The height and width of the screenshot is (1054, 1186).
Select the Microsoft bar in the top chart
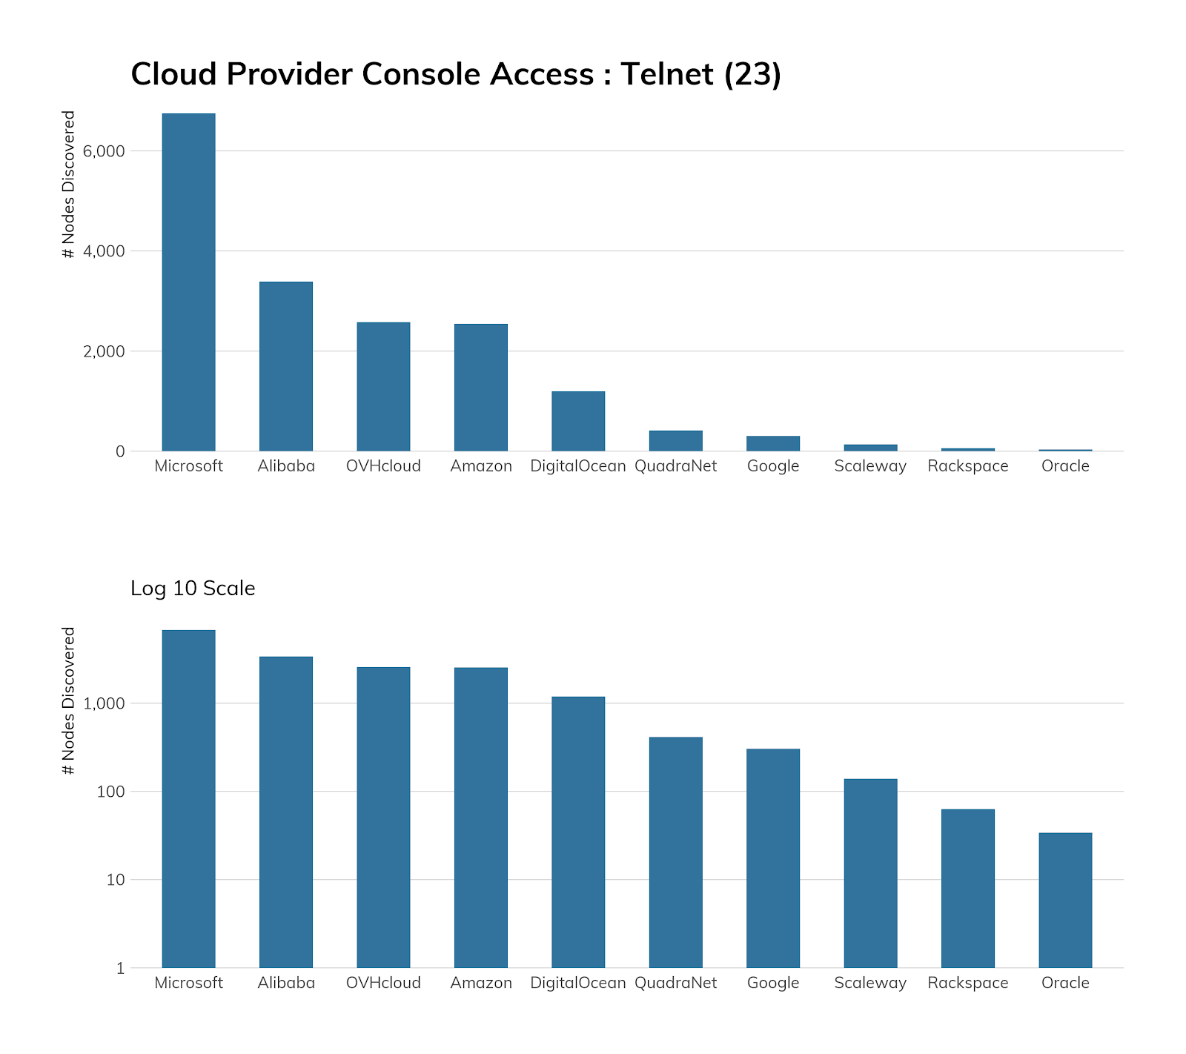point(188,282)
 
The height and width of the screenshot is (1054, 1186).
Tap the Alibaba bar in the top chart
point(285,366)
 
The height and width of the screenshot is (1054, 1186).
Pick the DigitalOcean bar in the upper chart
point(578,421)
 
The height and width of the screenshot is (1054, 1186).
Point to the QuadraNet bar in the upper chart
point(675,441)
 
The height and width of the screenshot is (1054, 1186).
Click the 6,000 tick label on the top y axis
point(104,151)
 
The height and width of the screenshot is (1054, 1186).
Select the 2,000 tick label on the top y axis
point(104,351)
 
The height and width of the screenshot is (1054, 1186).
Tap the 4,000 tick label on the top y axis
point(104,251)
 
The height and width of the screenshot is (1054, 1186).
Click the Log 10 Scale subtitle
point(193,589)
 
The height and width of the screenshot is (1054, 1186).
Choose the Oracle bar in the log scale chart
point(1065,900)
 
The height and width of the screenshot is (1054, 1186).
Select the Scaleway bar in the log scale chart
point(870,873)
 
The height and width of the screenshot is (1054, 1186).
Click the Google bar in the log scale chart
point(772,858)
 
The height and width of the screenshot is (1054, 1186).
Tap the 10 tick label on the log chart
point(115,881)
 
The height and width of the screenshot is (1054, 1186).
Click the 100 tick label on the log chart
point(110,792)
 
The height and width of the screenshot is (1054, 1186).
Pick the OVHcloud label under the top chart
point(383,466)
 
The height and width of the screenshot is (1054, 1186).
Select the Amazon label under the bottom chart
point(481,983)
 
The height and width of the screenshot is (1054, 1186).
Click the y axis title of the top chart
point(69,185)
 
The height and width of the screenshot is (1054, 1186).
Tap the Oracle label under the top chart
point(1065,466)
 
